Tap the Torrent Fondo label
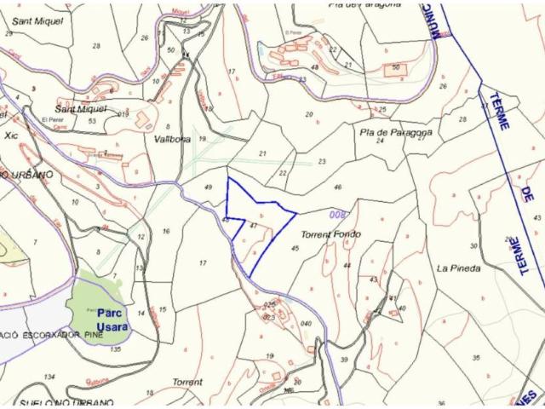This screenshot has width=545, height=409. point(330,234)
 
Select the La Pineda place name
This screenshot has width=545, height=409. point(458,268)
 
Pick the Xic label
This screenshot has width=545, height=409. point(10,135)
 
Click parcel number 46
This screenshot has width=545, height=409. point(338,187)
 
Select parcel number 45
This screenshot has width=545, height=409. point(295,248)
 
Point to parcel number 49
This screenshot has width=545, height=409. point(209,187)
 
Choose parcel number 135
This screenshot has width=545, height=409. point(116,349)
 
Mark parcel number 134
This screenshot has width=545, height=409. point(49,376)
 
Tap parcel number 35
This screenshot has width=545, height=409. point(476,358)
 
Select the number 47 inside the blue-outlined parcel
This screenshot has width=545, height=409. point(254,226)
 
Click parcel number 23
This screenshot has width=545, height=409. point(322,161)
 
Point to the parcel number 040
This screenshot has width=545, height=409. point(306,324)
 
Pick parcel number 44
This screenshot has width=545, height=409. point(347,266)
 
